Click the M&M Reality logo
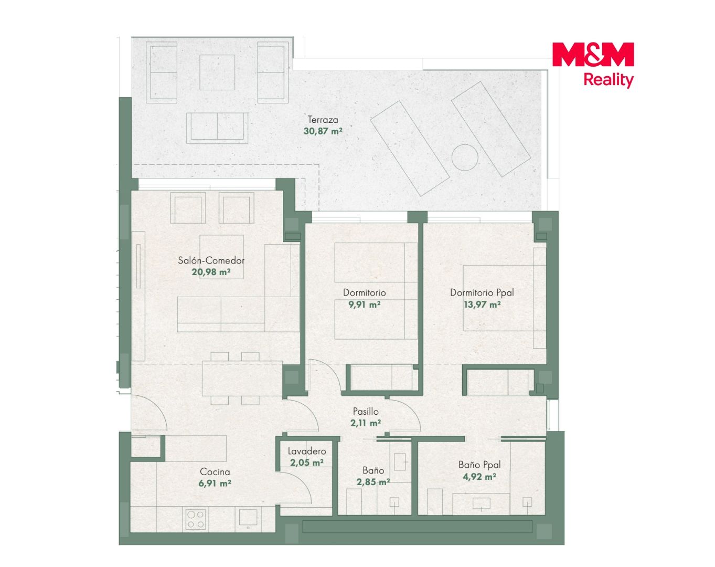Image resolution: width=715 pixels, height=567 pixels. (x=593, y=65)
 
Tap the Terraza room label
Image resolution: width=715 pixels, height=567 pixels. (x=323, y=119)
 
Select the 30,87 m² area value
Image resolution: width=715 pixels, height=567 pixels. (x=323, y=131)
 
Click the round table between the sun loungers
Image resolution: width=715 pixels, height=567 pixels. (x=465, y=157)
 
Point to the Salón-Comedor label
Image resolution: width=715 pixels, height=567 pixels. (x=211, y=260)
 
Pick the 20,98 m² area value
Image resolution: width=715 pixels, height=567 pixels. (x=211, y=272)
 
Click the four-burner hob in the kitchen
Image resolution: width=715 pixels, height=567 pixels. (x=195, y=520)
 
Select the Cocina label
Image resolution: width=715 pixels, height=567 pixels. (x=215, y=471)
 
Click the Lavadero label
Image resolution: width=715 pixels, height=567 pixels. (x=307, y=451)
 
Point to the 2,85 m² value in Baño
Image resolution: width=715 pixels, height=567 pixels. (x=373, y=482)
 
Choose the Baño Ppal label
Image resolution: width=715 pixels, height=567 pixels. (x=479, y=465)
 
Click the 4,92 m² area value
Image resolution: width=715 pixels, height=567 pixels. (x=479, y=477)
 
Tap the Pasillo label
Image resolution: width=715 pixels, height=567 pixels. (x=366, y=412)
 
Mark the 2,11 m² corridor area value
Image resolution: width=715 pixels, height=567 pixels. (x=366, y=423)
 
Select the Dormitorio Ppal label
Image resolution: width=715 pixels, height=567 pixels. (x=482, y=292)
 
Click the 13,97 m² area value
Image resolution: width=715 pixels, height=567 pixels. (x=482, y=304)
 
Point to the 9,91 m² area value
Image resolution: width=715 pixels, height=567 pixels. (x=364, y=304)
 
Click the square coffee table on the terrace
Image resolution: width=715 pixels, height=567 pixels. (x=217, y=72)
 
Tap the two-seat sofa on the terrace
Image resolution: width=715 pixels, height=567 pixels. (x=217, y=128)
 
